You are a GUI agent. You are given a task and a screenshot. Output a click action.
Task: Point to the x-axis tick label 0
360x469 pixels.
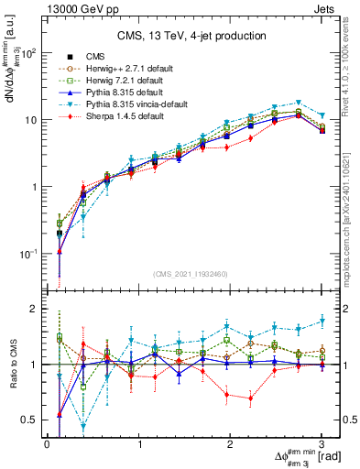(x=47, y=444)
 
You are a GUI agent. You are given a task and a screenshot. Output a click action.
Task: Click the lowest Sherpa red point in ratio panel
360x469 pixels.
(x=251, y=398)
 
